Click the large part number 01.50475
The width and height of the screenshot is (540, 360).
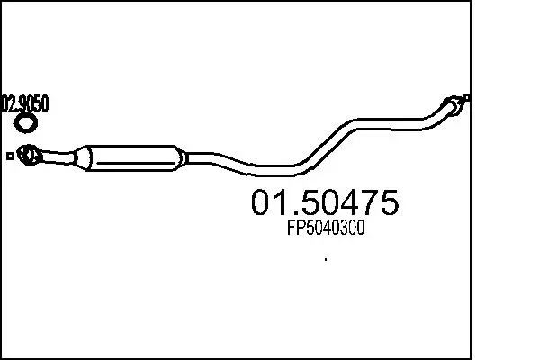[325, 202]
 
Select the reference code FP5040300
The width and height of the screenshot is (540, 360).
[326, 228]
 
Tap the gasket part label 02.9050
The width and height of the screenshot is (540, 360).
[25, 103]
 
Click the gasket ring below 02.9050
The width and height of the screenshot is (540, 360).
[26, 123]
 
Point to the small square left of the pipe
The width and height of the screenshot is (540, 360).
[10, 157]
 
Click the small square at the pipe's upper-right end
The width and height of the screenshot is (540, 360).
[467, 97]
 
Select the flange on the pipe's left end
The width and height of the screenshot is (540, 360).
[29, 155]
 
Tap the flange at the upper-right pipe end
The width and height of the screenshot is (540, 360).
[454, 104]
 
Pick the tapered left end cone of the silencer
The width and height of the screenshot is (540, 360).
[82, 157]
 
